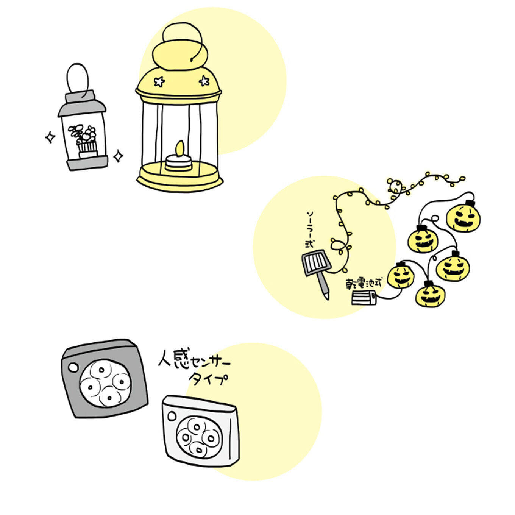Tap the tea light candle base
(178, 162)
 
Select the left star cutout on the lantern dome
(159, 81)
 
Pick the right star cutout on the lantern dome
(204, 81)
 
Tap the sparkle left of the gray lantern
(50, 137)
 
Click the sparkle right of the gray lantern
(118, 156)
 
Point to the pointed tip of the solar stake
(328, 299)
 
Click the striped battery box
(364, 298)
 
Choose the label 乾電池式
(364, 283)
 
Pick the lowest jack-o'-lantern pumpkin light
(430, 295)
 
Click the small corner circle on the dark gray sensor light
(73, 368)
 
